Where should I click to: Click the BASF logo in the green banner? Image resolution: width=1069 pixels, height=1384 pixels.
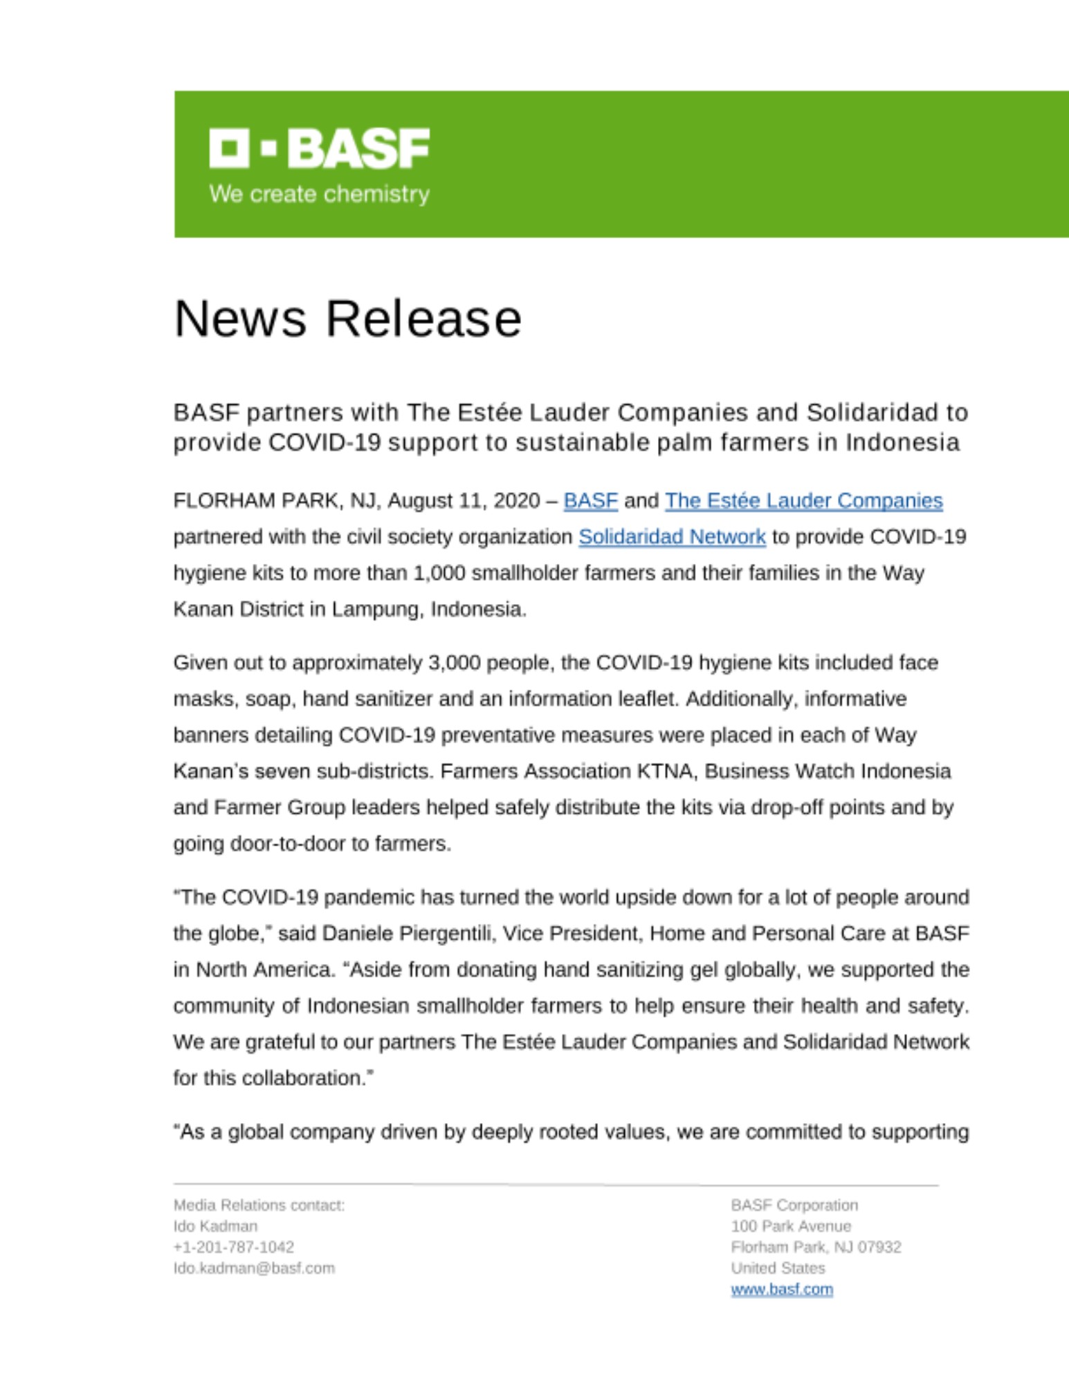pos(319,147)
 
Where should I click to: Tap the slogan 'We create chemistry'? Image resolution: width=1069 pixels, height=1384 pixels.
pos(319,194)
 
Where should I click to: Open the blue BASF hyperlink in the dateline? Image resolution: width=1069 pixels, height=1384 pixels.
pos(590,500)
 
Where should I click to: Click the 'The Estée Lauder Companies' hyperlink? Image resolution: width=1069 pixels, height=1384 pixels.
pos(803,500)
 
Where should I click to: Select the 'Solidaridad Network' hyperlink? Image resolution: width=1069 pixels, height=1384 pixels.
pos(672,536)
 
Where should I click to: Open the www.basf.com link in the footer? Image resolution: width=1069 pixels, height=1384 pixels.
pos(782,1289)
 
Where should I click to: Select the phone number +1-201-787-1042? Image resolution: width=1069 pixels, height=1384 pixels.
pos(234,1247)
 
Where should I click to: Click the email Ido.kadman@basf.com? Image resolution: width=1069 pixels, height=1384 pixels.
pos(254,1268)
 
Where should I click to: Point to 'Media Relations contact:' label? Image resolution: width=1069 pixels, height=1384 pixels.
pos(259,1205)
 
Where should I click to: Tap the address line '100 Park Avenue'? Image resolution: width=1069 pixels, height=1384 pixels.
pos(791,1226)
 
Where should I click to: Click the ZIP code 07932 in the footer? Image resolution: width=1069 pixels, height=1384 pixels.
pos(879,1247)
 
